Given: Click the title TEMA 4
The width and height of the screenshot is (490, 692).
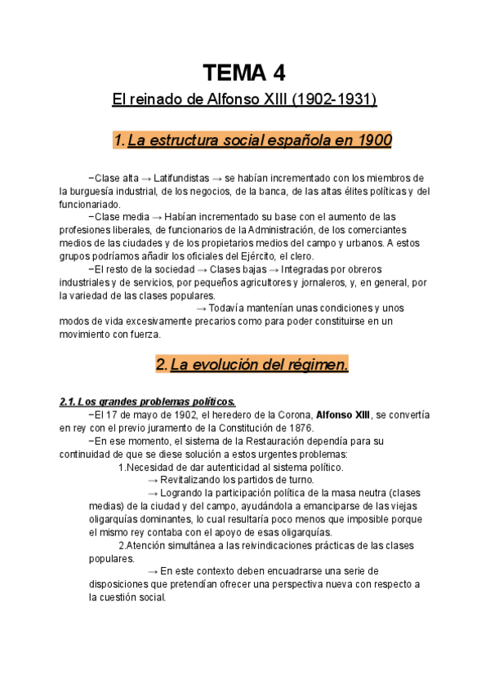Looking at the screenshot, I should pyautogui.click(x=244, y=73).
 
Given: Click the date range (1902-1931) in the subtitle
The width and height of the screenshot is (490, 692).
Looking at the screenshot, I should pyautogui.click(x=333, y=100).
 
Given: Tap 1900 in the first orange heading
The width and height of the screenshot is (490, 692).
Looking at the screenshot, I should pyautogui.click(x=376, y=140).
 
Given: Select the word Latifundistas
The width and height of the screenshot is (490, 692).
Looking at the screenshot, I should pyautogui.click(x=180, y=179).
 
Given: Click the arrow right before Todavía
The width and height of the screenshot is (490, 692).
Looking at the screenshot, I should pyautogui.click(x=202, y=308).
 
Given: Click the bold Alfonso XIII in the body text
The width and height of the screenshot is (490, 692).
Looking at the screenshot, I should pyautogui.click(x=342, y=415).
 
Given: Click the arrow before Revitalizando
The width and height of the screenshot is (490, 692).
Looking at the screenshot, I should pyautogui.click(x=152, y=481).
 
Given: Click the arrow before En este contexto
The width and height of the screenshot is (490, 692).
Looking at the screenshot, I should pyautogui.click(x=152, y=571).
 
